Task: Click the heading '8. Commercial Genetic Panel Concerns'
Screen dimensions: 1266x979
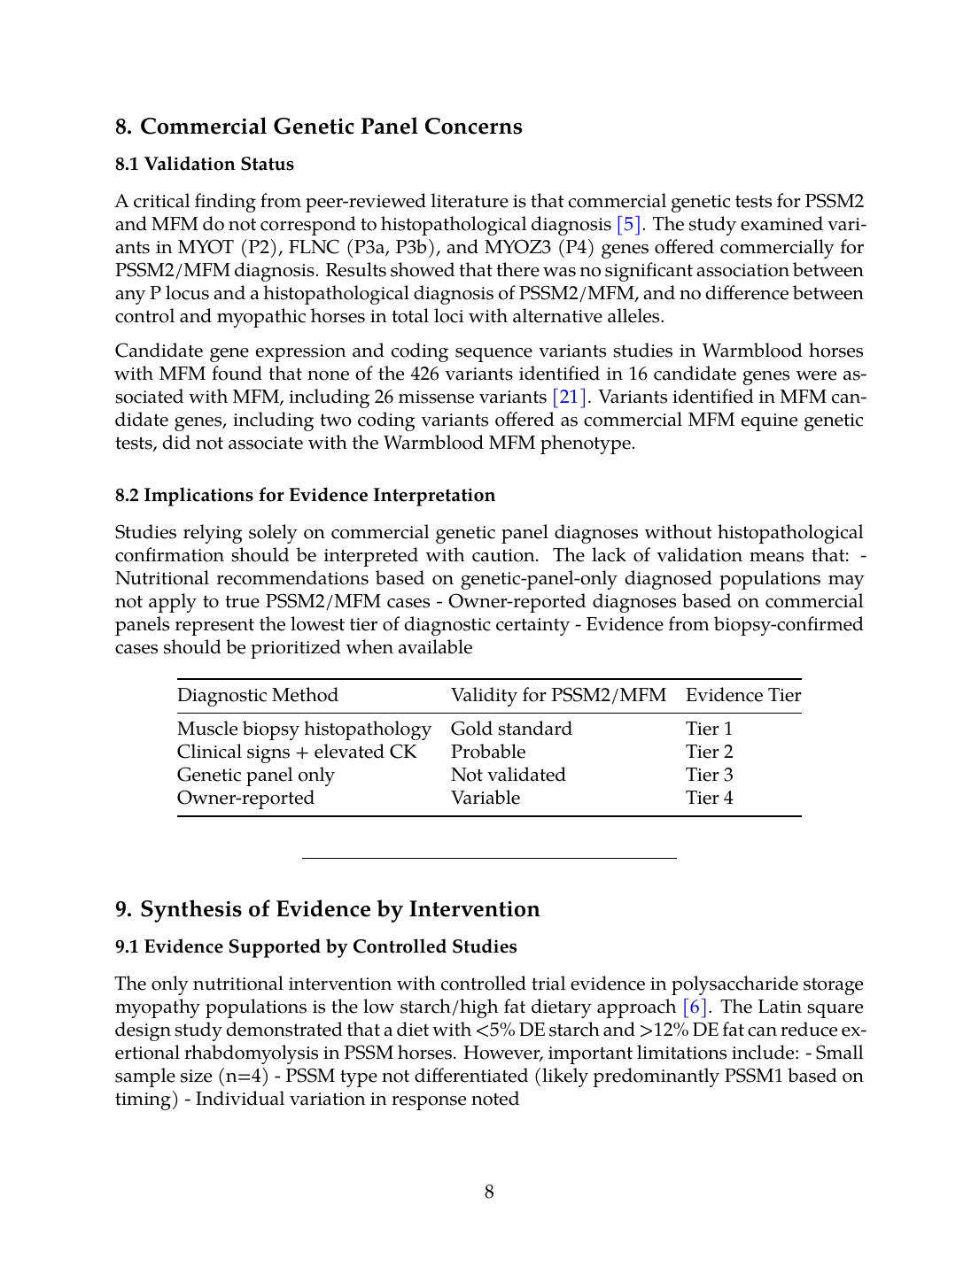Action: click(318, 127)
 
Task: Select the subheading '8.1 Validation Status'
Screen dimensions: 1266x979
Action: click(204, 164)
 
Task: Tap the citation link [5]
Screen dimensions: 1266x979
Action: click(628, 224)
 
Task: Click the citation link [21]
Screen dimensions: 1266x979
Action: click(569, 397)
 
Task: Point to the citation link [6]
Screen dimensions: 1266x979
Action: click(695, 1007)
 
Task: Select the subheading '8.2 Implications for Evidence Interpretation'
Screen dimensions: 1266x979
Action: click(305, 495)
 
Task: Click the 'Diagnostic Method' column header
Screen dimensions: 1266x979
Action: click(257, 695)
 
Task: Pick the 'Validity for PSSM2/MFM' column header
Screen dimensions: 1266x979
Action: click(558, 695)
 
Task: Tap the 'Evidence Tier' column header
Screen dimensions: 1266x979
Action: click(742, 695)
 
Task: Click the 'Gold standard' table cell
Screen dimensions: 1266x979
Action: click(511, 729)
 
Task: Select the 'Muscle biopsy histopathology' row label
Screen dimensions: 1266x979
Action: click(304, 729)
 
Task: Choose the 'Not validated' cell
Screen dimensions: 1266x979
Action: click(508, 775)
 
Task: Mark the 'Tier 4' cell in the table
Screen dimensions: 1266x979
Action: click(709, 798)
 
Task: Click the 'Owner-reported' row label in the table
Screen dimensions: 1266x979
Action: click(245, 798)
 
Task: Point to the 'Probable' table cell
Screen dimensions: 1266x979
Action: click(488, 752)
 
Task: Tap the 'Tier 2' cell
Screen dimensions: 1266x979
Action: click(709, 752)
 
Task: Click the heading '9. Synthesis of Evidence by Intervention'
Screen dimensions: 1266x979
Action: click(327, 909)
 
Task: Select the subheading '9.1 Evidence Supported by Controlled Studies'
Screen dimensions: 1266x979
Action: click(315, 946)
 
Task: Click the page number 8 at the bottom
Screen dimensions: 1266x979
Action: click(489, 1192)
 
